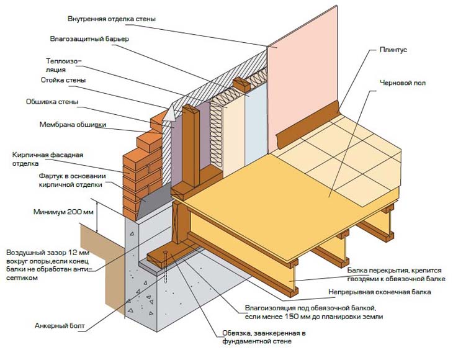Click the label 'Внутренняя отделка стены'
[x=117, y=19]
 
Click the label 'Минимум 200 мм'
[x=63, y=212]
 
